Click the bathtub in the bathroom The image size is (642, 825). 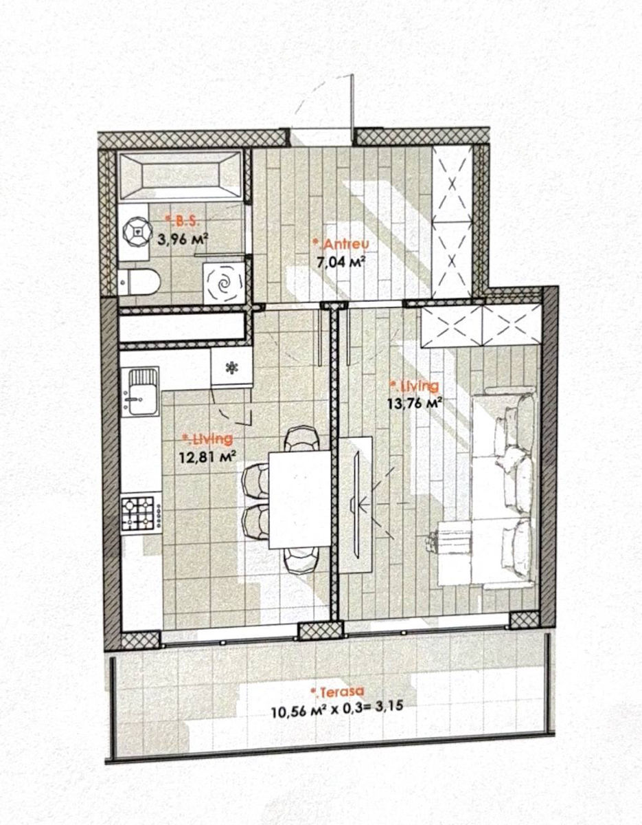coord(181,175)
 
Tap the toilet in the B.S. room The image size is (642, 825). coord(139,282)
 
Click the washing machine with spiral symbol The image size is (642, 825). coord(224,283)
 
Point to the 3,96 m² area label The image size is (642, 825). coord(183,239)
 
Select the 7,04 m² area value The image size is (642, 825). coord(341,261)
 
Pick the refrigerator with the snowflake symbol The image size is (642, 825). coord(231,367)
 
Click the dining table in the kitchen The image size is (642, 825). coord(299,499)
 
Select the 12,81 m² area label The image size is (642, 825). coord(208,456)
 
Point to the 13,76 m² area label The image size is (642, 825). coord(415,403)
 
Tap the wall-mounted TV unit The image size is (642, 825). coord(356,505)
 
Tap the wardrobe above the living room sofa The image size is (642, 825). coord(481,326)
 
